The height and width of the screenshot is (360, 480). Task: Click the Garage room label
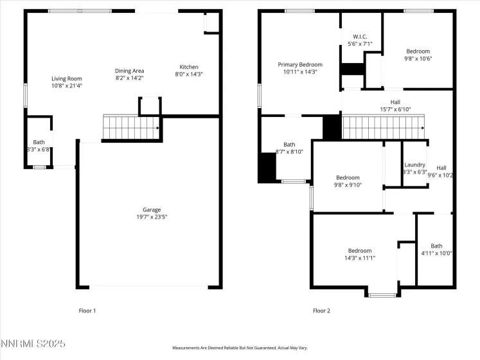[x=152, y=210]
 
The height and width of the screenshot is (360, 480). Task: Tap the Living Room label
[x=67, y=78]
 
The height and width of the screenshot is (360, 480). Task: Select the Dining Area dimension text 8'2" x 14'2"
[x=130, y=78]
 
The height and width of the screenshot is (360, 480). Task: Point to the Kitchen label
[x=188, y=67]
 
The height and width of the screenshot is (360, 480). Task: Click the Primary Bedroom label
[x=300, y=65]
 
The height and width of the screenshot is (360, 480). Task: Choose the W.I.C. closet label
[x=360, y=37]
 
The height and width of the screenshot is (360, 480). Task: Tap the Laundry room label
[x=415, y=165]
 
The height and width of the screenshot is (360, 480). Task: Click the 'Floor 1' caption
[x=87, y=310]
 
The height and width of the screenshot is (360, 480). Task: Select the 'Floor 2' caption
[x=321, y=310]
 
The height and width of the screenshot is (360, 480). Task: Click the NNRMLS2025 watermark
[x=33, y=343]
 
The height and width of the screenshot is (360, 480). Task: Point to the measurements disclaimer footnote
[x=240, y=348]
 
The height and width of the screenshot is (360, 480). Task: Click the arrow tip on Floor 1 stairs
[x=159, y=128]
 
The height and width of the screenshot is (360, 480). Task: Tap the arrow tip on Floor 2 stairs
[x=423, y=128]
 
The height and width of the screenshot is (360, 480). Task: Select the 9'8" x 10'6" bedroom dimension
[x=418, y=59]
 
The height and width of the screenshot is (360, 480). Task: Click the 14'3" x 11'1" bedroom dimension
[x=360, y=258]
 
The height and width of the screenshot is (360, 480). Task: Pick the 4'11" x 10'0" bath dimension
[x=436, y=253]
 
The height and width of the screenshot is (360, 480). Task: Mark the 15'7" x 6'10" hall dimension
[x=396, y=109]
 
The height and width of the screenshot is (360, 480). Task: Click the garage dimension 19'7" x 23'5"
[x=152, y=217]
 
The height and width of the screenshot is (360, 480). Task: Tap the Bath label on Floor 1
[x=39, y=142]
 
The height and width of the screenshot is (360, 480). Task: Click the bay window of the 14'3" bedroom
[x=382, y=295]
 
